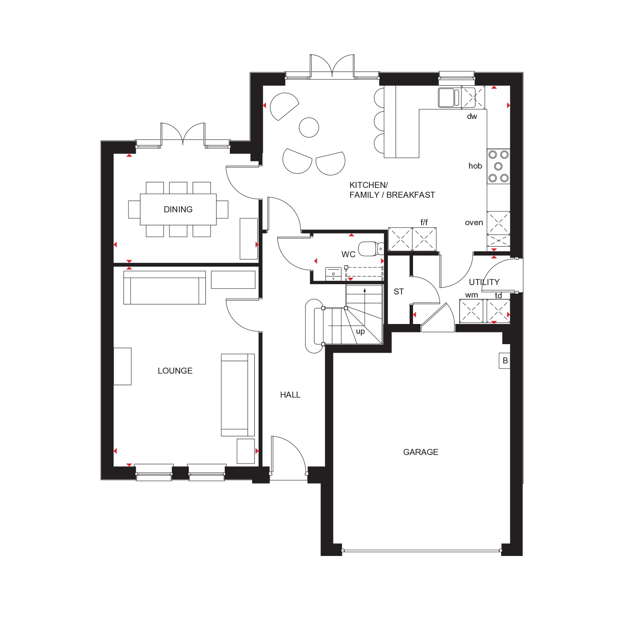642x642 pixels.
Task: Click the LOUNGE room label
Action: [x=175, y=371]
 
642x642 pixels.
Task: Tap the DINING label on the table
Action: [x=178, y=209]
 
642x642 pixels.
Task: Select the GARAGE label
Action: [x=421, y=452]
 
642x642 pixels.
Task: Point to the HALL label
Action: [x=290, y=395]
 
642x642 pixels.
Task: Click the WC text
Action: [x=348, y=255]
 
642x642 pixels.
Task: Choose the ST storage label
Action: [x=398, y=292]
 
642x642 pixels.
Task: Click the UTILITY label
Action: [x=484, y=282]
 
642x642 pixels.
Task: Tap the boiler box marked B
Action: [x=505, y=361]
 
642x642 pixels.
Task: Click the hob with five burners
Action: [x=499, y=166]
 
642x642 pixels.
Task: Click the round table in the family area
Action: [x=309, y=127]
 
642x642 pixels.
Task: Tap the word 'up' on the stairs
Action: [x=360, y=332]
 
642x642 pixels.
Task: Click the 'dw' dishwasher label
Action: [x=472, y=116]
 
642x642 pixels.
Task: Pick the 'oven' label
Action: [x=474, y=223]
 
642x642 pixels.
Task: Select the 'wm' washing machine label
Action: [x=472, y=295]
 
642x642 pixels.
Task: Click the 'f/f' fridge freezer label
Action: [x=424, y=222]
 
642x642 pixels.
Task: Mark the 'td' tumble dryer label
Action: [x=499, y=295]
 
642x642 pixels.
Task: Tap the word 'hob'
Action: [x=475, y=166]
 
